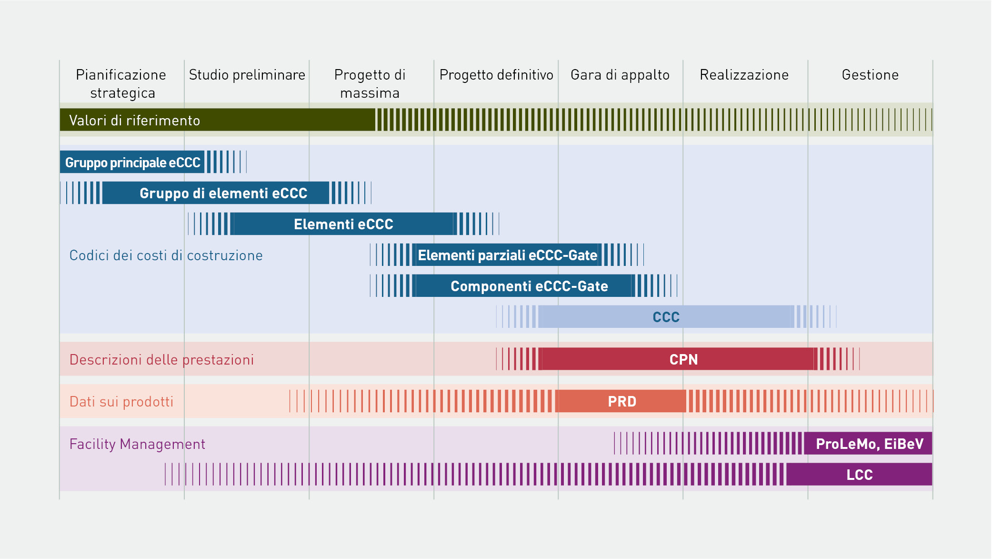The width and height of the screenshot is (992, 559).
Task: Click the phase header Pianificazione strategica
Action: point(121,83)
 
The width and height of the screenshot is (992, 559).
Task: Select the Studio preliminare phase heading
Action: point(247,75)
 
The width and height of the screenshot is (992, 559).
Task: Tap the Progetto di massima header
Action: point(370,83)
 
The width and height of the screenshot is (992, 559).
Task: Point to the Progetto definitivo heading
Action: point(496,75)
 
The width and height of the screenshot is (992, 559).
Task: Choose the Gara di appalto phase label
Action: point(620,75)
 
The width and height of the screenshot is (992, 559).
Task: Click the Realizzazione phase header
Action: point(744,75)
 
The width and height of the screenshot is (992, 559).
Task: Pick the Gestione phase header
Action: point(870,75)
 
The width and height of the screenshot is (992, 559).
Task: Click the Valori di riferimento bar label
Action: point(134,120)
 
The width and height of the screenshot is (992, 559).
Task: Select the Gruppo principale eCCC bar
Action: point(132,162)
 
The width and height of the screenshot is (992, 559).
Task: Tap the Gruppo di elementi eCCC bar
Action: point(216,193)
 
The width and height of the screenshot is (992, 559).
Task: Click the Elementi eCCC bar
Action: point(343,224)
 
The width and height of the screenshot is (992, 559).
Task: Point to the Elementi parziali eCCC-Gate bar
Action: point(507,255)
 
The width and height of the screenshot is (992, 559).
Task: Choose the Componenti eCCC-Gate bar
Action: point(524,286)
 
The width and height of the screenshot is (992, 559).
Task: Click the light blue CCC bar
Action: point(666,317)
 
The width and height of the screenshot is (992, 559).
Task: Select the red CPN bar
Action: point(678,359)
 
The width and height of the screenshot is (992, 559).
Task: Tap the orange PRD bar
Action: point(621,401)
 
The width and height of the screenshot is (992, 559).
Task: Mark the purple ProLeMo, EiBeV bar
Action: point(868,444)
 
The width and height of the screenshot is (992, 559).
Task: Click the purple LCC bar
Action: point(859,475)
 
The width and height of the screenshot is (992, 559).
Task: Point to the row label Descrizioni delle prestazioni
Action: point(162,359)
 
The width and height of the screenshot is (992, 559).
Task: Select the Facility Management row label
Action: point(137,444)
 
